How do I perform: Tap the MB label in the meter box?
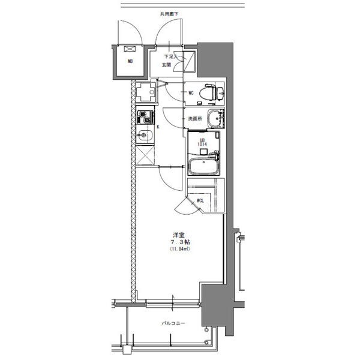pos(129,61)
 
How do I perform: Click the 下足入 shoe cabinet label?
pos(170,56)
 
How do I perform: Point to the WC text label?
pos(190,93)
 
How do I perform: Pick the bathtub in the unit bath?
pos(204,166)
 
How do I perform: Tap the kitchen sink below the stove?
pos(144,135)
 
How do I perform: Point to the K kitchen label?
pos(158,127)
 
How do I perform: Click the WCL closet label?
pos(199,201)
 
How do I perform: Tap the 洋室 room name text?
pos(179,235)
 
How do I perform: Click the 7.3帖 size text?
pos(179,242)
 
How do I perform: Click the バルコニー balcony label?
pos(173,323)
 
